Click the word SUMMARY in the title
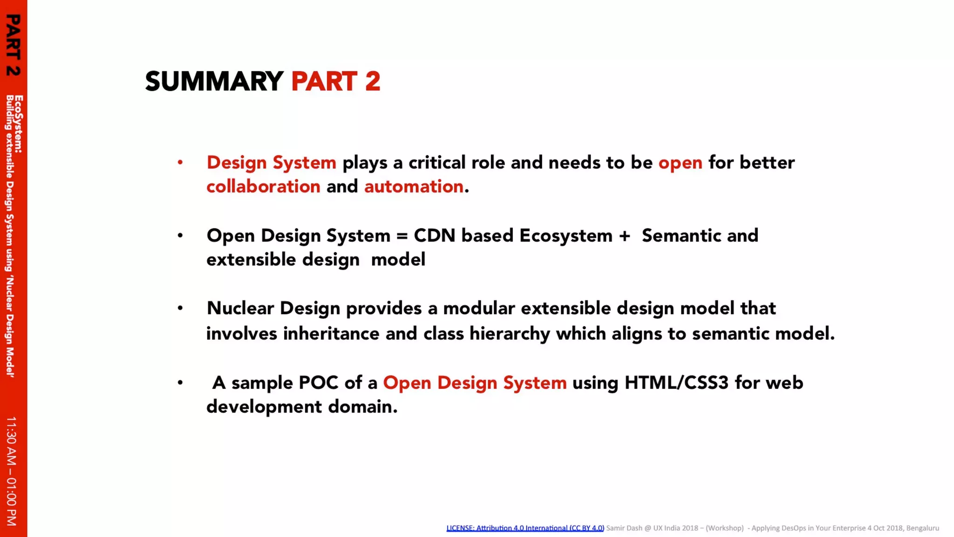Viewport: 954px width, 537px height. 214,82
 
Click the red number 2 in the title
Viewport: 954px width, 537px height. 373,82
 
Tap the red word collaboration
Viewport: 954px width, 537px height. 263,186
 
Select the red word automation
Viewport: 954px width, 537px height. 414,186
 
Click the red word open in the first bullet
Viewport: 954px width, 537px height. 680,163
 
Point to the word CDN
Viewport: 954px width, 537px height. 434,235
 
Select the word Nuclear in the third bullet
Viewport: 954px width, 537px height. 240,308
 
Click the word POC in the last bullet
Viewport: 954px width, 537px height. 318,383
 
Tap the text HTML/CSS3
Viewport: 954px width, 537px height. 676,383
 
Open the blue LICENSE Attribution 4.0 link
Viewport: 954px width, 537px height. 525,528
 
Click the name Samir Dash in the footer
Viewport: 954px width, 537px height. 624,528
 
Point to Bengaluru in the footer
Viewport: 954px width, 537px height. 922,528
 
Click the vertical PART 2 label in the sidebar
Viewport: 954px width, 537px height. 13,45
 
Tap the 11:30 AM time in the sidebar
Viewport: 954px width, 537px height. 12,441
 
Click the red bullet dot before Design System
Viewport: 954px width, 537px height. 180,163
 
